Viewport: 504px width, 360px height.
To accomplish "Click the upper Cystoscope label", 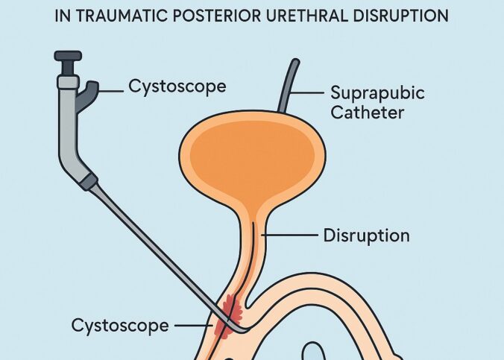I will coord(177,86).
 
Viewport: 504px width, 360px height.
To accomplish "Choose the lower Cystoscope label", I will coord(120,325).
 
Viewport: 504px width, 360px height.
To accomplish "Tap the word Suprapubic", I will coord(377,93).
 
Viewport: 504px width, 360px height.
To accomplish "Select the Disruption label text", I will coord(366,236).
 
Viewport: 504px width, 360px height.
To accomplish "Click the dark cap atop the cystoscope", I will coord(69,56).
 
